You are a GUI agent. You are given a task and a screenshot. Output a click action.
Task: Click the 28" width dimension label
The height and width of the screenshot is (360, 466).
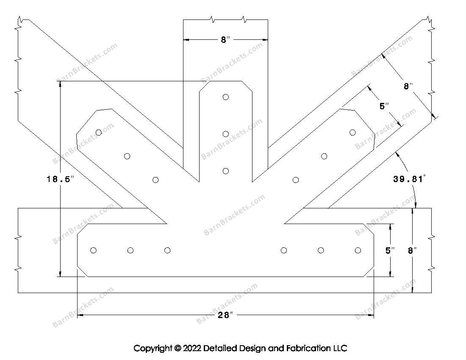[x=226, y=315]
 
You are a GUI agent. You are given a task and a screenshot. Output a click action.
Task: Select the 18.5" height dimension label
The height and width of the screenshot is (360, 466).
[x=60, y=179]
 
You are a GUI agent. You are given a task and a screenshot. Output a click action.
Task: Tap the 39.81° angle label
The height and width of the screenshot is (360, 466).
[x=408, y=179]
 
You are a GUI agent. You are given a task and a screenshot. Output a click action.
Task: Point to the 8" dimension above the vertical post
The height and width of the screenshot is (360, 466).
[x=225, y=40]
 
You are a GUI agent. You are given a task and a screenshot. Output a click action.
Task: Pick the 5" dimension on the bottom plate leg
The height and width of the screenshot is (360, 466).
[x=390, y=250]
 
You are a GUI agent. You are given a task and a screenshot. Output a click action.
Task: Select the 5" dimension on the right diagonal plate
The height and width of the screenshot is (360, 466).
[x=384, y=106]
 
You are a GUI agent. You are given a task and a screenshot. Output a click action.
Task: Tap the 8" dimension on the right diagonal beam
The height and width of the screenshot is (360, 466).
[x=408, y=86]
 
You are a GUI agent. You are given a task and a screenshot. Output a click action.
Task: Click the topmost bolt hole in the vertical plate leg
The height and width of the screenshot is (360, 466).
[x=226, y=97]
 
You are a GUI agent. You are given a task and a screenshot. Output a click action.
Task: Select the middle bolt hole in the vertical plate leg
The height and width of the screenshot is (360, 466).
[x=226, y=134]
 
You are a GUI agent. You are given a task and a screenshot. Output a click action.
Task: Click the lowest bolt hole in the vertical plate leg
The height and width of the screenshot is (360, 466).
[x=226, y=171]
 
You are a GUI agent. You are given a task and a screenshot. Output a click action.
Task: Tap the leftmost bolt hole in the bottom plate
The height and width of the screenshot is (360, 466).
[x=94, y=250]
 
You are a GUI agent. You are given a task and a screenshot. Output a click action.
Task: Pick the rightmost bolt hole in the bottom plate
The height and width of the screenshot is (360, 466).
[x=358, y=250]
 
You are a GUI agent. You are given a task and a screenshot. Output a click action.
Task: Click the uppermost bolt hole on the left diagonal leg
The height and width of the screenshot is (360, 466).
[x=99, y=133]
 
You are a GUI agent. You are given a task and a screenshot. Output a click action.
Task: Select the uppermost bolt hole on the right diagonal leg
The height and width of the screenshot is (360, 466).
[x=352, y=133]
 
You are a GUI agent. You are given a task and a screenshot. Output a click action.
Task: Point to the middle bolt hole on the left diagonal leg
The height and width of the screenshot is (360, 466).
[x=127, y=156]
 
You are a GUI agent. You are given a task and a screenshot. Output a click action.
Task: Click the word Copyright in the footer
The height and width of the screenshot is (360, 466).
[x=153, y=349]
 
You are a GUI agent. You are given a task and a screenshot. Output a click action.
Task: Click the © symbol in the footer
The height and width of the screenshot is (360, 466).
[x=178, y=349]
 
